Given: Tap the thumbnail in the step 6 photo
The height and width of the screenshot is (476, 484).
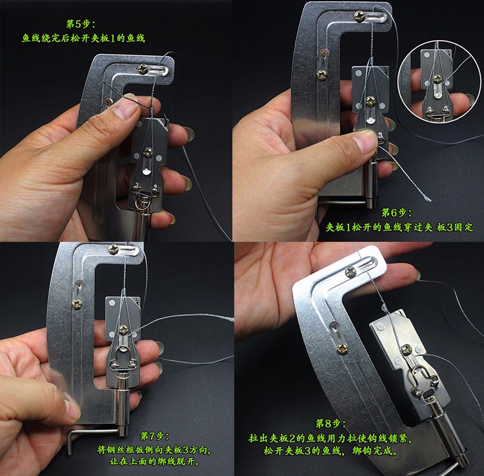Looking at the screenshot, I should pyautogui.click(x=366, y=137).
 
